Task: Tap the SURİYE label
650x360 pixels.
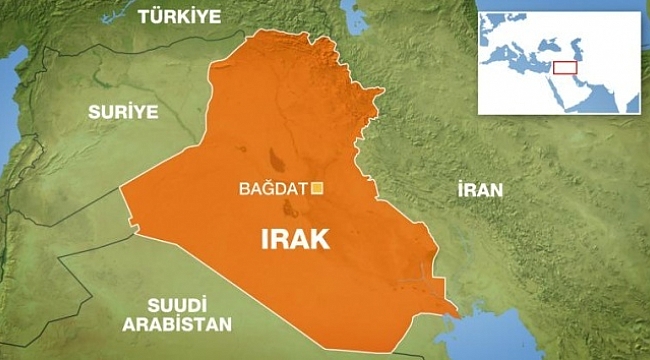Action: point(123,112)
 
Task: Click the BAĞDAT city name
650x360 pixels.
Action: point(273,187)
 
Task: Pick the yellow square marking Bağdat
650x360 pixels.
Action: point(318,187)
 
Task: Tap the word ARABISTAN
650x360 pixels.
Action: point(176,324)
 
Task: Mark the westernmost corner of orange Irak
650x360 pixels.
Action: point(121,190)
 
